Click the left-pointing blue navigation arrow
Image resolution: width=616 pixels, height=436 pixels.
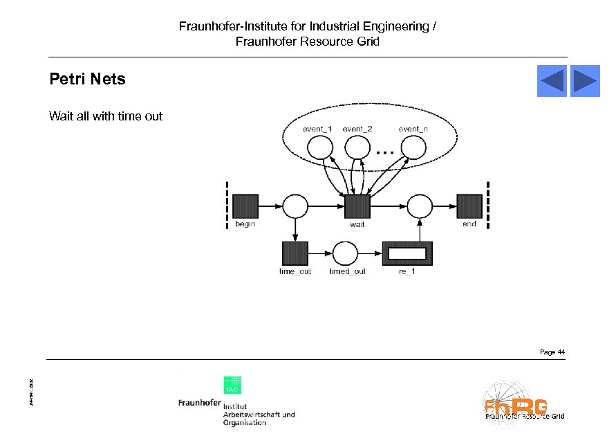point(552,81)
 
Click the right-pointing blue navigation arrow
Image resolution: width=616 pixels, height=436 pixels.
point(585,81)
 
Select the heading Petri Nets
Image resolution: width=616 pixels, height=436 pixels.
point(87,79)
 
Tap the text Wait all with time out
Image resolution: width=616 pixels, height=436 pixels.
point(106,116)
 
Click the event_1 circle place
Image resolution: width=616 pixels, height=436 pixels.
point(319,147)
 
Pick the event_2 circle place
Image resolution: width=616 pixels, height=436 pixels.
point(357,147)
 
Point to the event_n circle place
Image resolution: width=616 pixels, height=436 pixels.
point(413,147)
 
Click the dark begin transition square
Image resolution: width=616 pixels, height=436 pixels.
point(245,206)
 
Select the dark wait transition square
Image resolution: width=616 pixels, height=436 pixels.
point(357,206)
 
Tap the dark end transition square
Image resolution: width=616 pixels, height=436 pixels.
point(469,206)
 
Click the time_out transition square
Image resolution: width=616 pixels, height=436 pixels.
point(295,253)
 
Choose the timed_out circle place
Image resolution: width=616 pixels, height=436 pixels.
point(346,253)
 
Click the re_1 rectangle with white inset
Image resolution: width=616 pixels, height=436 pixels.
point(407,253)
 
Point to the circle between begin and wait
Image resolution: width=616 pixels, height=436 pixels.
point(295,206)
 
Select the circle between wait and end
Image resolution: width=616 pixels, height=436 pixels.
point(420,206)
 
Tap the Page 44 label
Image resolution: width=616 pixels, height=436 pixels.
point(552,352)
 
